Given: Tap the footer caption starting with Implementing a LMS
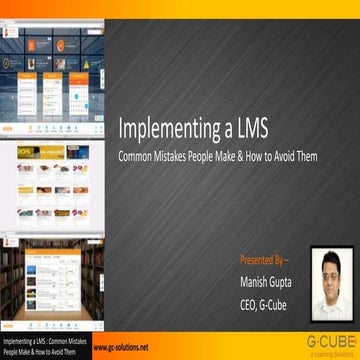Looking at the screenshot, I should tap(45, 346).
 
